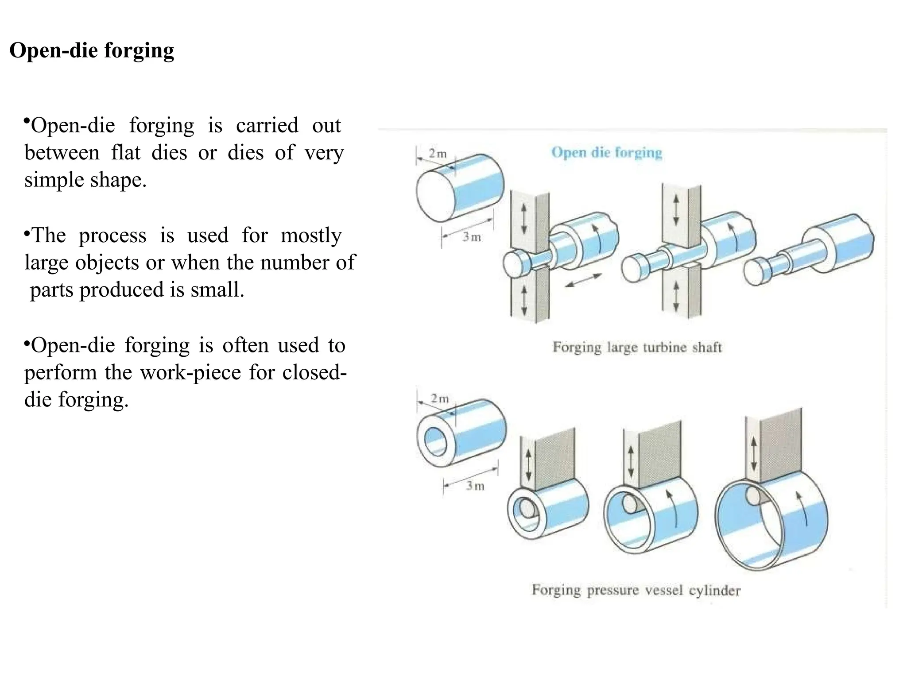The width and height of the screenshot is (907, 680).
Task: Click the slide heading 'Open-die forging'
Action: [92, 50]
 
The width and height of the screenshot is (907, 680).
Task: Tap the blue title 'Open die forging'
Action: [606, 153]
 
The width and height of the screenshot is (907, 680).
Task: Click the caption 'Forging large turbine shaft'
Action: [637, 347]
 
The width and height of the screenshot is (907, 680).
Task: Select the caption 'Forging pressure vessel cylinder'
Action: [636, 590]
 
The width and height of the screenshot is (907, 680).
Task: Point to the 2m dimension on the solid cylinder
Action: [438, 154]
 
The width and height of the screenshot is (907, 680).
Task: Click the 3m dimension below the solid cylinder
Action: [472, 237]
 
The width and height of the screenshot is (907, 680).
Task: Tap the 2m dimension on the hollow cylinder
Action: [439, 398]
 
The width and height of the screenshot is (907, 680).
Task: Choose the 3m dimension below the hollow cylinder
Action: [475, 486]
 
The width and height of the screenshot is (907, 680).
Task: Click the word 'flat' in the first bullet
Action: [126, 153]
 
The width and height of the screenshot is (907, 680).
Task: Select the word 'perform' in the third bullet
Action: [60, 373]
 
